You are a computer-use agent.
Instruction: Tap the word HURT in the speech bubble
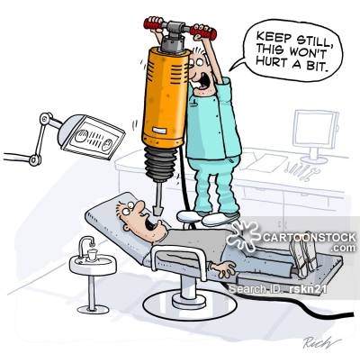[x=270, y=62]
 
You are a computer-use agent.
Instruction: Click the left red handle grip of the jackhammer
[x=155, y=23]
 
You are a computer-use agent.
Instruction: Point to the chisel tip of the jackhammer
[x=157, y=210]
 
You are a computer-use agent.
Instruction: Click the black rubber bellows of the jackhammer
[x=160, y=164]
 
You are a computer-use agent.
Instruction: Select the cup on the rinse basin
[x=92, y=255]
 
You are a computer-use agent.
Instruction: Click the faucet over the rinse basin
[x=85, y=245]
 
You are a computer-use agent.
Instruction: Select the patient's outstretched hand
[x=223, y=268]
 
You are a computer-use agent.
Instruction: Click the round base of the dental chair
[x=190, y=305]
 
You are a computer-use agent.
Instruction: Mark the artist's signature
[x=321, y=341]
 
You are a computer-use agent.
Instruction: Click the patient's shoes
[x=302, y=253]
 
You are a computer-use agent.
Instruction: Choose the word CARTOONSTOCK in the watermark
[x=310, y=237]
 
